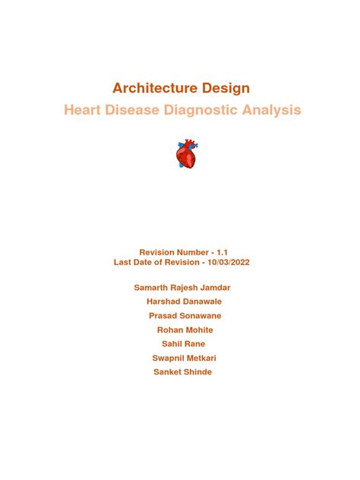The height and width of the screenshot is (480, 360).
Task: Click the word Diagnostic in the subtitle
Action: (x=207, y=111)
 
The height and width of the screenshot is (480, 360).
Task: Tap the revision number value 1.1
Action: (x=222, y=251)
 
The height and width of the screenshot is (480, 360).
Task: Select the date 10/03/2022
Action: (x=225, y=262)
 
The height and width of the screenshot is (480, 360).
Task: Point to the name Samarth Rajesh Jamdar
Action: (x=182, y=289)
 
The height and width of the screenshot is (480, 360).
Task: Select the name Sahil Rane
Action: (x=181, y=344)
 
